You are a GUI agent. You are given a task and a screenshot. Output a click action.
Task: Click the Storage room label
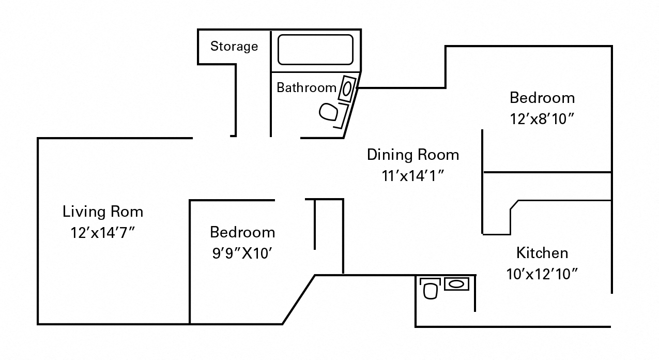coord(234,47)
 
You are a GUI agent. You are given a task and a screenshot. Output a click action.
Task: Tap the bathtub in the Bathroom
coord(315,50)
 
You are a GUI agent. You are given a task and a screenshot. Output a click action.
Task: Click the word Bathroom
coord(306,87)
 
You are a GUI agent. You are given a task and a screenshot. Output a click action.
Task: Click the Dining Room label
coord(412,155)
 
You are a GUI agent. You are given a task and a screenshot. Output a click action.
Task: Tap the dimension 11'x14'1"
coord(412,176)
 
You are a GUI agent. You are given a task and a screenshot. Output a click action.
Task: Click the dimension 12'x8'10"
coord(542,119)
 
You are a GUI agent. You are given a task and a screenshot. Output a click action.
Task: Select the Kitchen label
coord(542,253)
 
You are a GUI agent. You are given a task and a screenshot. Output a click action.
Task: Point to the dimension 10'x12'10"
coord(542,274)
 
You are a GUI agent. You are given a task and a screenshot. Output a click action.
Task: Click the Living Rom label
coord(102,212)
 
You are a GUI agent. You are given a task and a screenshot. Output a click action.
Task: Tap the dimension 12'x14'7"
coord(102,232)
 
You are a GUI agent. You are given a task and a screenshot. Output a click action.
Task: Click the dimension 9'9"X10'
coord(242,253)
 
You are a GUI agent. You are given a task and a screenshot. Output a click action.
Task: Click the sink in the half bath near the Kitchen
coord(456,283)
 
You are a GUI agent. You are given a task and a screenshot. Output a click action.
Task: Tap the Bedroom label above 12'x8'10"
coord(542,98)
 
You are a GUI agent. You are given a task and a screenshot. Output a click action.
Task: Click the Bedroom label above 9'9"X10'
coord(242,232)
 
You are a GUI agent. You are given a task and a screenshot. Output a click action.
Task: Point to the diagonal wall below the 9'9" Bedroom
coord(299,299)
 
